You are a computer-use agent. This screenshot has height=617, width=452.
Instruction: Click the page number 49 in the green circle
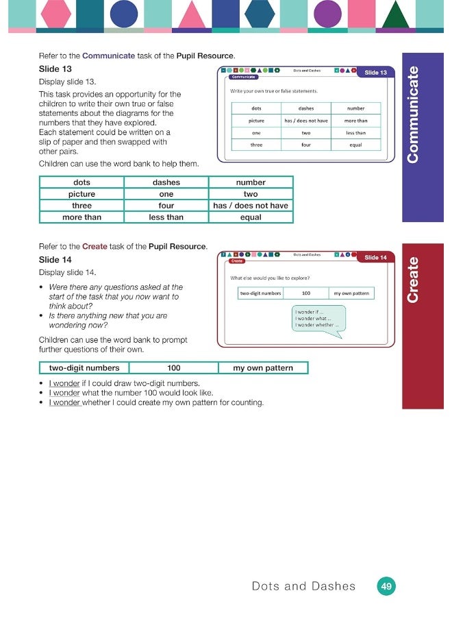387,586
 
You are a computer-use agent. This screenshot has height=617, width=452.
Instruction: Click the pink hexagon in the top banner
56,13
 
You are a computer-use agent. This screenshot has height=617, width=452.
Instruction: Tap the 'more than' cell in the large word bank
81,217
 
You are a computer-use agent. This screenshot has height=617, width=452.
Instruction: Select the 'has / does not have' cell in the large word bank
251,206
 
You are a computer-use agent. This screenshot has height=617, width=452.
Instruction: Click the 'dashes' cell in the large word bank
166,182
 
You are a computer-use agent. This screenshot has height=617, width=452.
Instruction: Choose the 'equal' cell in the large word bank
251,217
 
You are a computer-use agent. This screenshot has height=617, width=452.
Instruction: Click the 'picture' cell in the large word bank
81,194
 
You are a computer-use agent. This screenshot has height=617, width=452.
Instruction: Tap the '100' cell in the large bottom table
174,368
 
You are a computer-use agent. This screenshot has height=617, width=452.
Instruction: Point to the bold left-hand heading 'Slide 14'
55,260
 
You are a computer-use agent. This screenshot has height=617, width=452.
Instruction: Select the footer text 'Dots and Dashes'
304,586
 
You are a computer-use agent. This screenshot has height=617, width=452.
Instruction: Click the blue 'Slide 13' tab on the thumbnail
375,73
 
